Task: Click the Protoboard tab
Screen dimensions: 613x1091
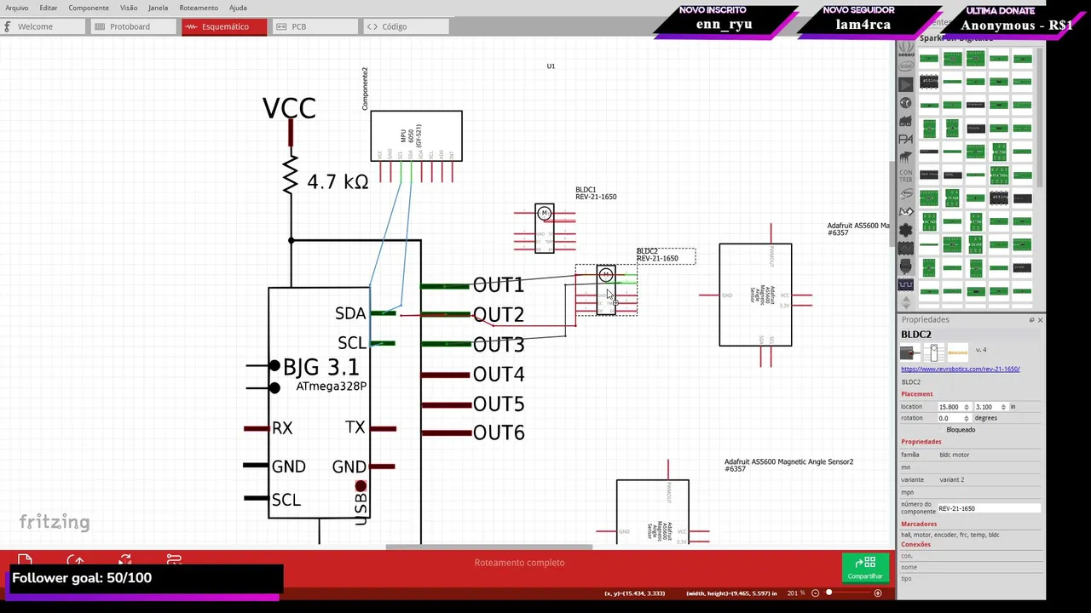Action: click(x=130, y=26)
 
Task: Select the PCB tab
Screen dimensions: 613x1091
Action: click(x=298, y=26)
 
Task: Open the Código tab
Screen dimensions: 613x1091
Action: click(x=394, y=26)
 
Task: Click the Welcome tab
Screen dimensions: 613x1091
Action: click(x=35, y=26)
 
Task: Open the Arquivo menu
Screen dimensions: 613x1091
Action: click(x=16, y=8)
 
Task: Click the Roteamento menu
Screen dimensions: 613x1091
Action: click(x=199, y=8)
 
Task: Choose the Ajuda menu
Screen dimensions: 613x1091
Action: click(x=238, y=8)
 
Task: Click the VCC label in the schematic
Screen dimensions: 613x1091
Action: click(x=289, y=108)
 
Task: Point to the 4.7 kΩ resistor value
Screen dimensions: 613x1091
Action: click(x=338, y=182)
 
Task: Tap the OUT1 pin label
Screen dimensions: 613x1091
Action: click(x=498, y=285)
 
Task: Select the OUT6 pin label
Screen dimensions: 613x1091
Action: click(x=499, y=433)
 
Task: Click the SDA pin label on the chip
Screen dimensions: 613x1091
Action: click(x=349, y=314)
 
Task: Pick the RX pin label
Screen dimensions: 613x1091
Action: click(x=282, y=428)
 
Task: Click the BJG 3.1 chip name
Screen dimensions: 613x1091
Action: click(x=320, y=368)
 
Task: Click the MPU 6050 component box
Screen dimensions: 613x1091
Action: click(x=416, y=135)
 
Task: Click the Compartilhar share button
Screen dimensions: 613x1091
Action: click(x=865, y=568)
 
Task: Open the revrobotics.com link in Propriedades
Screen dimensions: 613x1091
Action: click(x=960, y=370)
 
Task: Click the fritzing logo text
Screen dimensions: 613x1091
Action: click(x=55, y=522)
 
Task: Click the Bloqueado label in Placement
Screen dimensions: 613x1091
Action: click(x=961, y=430)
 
